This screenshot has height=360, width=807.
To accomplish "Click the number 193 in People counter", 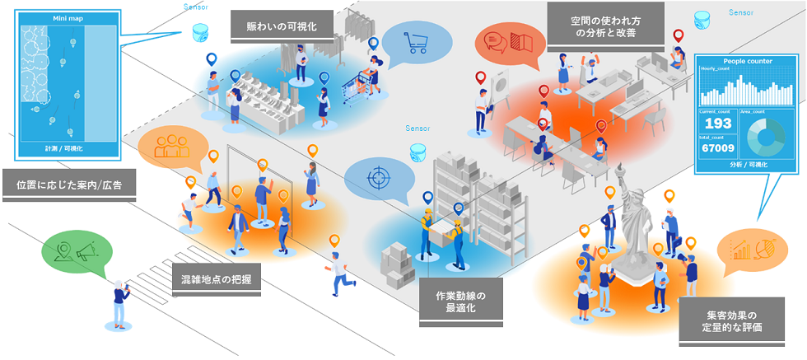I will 717,123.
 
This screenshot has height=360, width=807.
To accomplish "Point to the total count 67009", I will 717,149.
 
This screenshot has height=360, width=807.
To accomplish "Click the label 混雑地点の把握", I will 217,279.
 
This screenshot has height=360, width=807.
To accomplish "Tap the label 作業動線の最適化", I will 460,302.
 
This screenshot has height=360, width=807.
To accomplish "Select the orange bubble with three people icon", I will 172,146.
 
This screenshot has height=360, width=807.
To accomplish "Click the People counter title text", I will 745,61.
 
